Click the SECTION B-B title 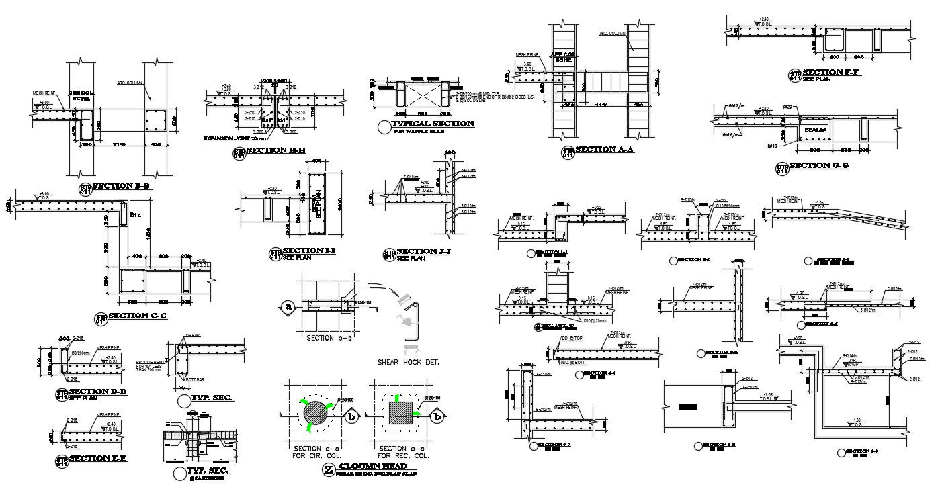click(x=120, y=186)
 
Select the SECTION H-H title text click(x=275, y=150)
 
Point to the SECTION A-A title click(x=605, y=150)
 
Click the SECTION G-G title click(x=819, y=165)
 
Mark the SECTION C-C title click(x=138, y=316)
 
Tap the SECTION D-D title click(x=97, y=392)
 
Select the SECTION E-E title click(x=97, y=459)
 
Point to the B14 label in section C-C click(x=135, y=215)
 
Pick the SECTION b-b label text click(x=330, y=337)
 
